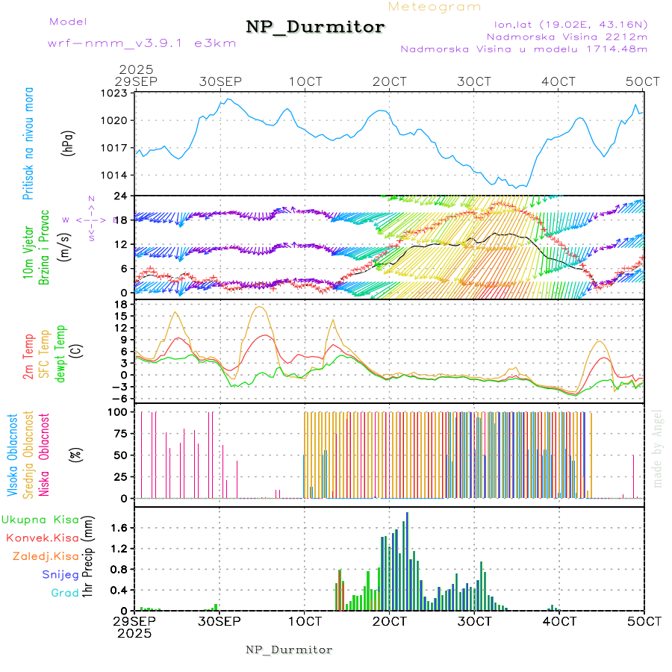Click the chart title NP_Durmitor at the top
click(315, 28)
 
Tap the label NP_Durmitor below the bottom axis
click(289, 650)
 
